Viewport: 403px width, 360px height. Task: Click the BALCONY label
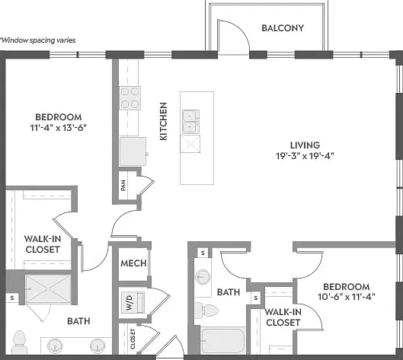283,28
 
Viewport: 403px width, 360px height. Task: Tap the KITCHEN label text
164,121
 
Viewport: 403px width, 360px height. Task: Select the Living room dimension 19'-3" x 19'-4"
305,155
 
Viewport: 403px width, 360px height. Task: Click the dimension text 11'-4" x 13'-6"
59,128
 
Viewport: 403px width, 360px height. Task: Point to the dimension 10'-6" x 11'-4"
347,297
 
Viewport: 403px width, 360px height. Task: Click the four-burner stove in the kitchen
130,98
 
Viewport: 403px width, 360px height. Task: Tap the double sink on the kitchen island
190,122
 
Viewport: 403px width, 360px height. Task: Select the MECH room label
133,263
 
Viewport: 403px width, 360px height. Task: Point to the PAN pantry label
123,186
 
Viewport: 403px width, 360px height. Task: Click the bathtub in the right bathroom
223,340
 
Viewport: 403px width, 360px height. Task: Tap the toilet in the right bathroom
206,310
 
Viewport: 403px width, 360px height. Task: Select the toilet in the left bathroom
20,342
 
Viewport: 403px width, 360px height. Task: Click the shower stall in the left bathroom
48,289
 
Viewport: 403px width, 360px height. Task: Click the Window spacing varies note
38,40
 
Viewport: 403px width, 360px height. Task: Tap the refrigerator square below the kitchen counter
133,151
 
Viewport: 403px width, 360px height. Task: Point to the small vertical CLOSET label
133,339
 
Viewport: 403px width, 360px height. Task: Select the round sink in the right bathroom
203,277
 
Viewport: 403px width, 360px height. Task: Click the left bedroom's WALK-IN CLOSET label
43,244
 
